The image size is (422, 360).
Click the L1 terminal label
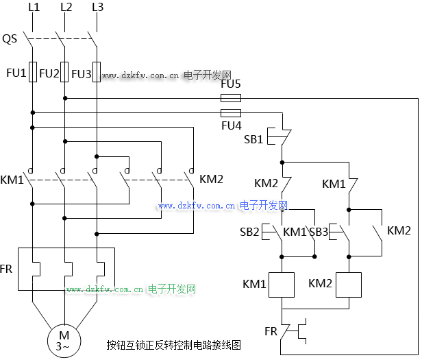(33, 8)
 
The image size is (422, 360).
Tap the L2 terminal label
(66, 8)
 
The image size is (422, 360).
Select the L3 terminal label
(97, 8)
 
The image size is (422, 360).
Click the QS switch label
(10, 39)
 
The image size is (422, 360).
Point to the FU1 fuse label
(16, 73)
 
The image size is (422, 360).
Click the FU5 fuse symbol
(230, 98)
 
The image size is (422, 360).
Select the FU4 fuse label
(231, 125)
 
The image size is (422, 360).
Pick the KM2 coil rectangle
(348, 284)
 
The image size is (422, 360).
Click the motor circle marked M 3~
(64, 340)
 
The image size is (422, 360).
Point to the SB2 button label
(249, 232)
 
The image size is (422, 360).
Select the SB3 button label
(318, 232)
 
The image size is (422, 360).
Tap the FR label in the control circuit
(271, 331)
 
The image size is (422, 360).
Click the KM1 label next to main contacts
(12, 180)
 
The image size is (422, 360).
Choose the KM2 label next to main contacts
(211, 180)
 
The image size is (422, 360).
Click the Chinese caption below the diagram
(174, 345)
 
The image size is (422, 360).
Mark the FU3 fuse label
(81, 73)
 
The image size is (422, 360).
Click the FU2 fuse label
(49, 73)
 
